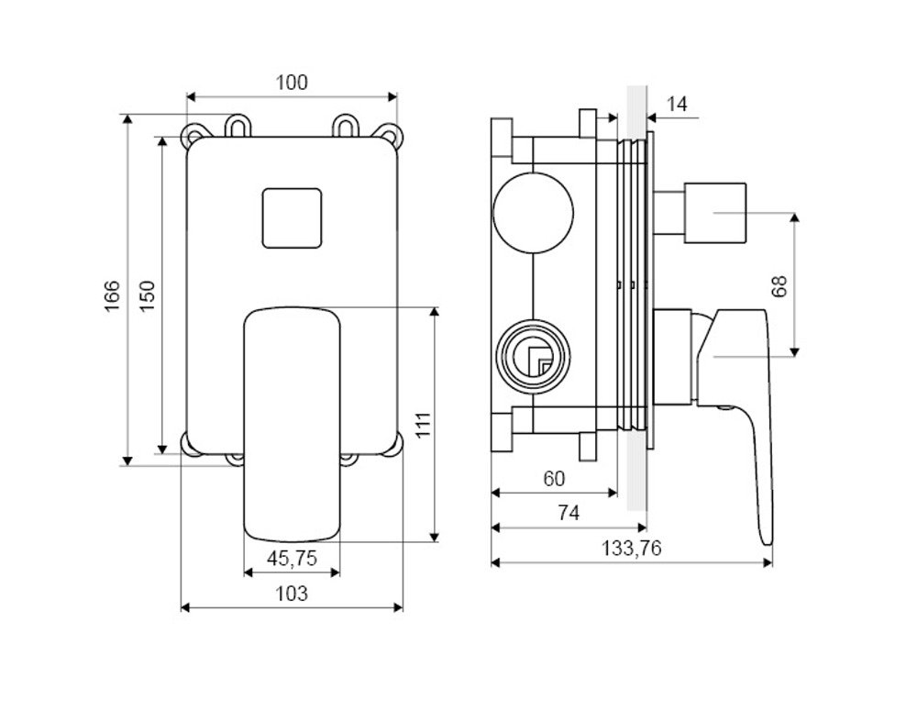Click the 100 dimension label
(292, 83)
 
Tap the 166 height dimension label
(112, 296)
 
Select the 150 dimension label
(148, 296)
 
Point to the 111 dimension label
(423, 425)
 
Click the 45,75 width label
(292, 558)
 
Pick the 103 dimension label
(292, 594)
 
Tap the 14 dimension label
(677, 105)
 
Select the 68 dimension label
(779, 285)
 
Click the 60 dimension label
(555, 479)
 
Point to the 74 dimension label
(569, 513)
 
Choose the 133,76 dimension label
(632, 549)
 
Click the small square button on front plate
(292, 218)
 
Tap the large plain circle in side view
(534, 213)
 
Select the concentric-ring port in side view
(533, 354)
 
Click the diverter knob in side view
(700, 213)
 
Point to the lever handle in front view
(292, 425)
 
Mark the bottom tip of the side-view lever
(768, 544)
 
